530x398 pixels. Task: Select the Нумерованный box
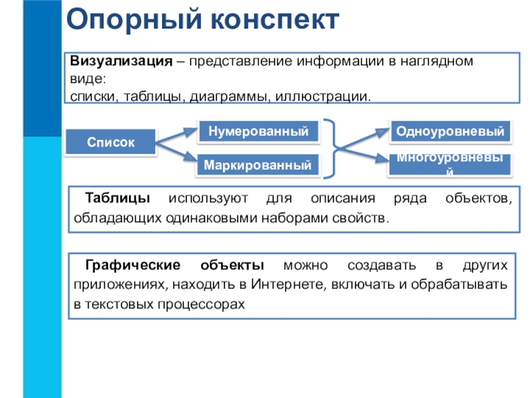coord(258,131)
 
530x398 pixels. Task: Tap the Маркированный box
coord(258,164)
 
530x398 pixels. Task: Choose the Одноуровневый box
coord(450,131)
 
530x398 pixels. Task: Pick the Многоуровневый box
coord(450,164)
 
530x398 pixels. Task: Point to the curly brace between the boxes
coord(335,148)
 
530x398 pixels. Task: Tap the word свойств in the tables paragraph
coord(362,218)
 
